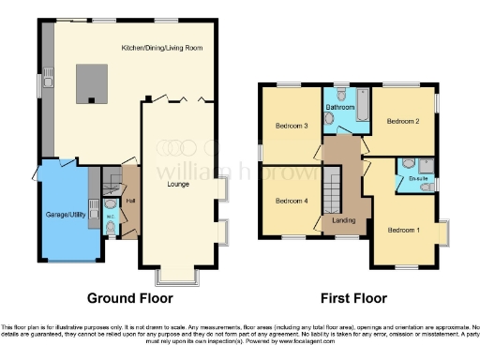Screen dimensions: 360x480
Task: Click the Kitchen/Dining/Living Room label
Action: tap(162, 47)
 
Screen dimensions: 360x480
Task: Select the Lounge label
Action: tap(178, 184)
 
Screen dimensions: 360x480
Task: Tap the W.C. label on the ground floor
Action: tap(110, 224)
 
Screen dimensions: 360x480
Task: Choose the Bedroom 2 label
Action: tap(403, 121)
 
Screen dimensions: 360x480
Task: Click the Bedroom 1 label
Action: tap(404, 230)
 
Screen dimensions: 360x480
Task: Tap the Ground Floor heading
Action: tap(130, 298)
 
